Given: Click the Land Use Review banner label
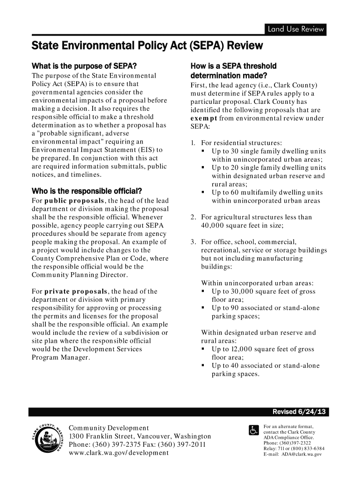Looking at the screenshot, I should (295, 29).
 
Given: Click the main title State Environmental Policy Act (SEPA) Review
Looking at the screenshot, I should (147, 46).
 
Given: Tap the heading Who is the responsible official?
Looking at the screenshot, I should (86, 191).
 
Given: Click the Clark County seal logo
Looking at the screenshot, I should (46, 441).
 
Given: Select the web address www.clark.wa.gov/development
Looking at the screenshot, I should (119, 454).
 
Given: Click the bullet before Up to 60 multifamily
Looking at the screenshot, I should (204, 193).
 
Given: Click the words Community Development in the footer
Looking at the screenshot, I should (109, 428).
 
